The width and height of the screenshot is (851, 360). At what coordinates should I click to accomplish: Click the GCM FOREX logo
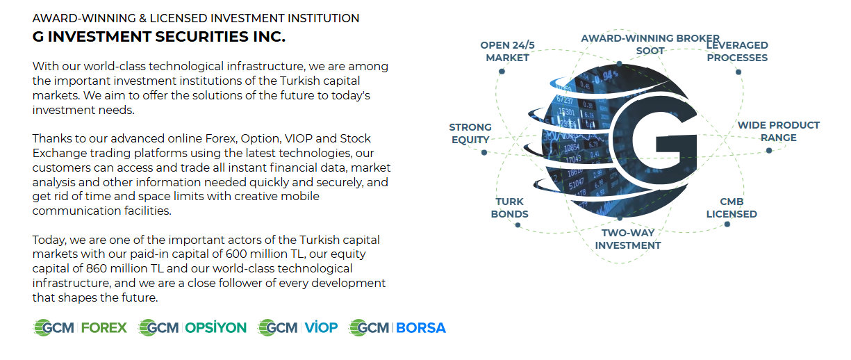click(x=80, y=328)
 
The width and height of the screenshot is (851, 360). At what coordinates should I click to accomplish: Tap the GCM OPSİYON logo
click(x=192, y=328)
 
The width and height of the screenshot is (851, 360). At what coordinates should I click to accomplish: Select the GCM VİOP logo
click(x=297, y=328)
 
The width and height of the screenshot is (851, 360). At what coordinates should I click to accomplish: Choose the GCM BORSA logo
click(x=397, y=328)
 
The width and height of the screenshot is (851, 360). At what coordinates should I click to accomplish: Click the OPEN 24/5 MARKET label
click(x=508, y=51)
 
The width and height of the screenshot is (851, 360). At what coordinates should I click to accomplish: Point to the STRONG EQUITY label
click(x=470, y=133)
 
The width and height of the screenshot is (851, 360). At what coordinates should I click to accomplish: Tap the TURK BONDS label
click(x=509, y=208)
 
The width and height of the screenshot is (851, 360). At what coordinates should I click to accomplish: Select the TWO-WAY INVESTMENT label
click(x=628, y=239)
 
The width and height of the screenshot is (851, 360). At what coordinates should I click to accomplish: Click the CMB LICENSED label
click(x=732, y=208)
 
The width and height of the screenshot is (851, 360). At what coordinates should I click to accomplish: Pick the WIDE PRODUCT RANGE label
click(x=779, y=131)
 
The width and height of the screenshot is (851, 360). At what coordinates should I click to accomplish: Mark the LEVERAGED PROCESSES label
click(x=737, y=51)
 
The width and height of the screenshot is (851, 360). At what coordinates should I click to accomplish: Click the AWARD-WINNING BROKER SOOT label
click(x=650, y=44)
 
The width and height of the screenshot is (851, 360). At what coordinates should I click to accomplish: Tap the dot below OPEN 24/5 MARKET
click(x=502, y=72)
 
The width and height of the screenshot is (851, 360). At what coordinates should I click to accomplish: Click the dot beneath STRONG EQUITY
click(x=484, y=153)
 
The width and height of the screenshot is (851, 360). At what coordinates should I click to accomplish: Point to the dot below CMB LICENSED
click(x=727, y=224)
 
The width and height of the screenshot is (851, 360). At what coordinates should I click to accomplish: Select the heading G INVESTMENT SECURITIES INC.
click(x=159, y=37)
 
